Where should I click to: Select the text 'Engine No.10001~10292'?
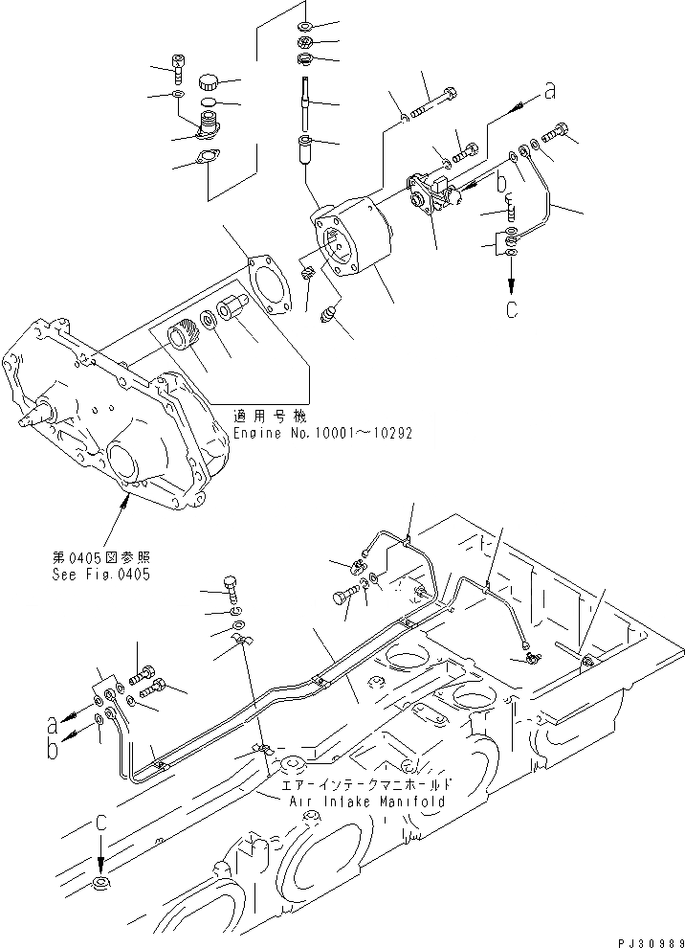[x=322, y=433]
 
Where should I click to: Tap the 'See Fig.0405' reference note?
[x=101, y=575]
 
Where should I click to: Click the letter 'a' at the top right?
[x=549, y=92]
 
